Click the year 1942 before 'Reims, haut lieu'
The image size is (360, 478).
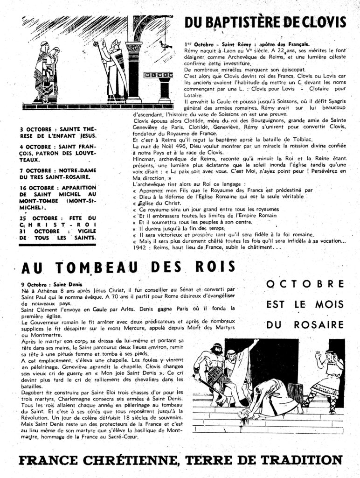tap(140, 247)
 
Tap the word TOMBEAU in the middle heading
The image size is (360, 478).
tap(98, 267)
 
